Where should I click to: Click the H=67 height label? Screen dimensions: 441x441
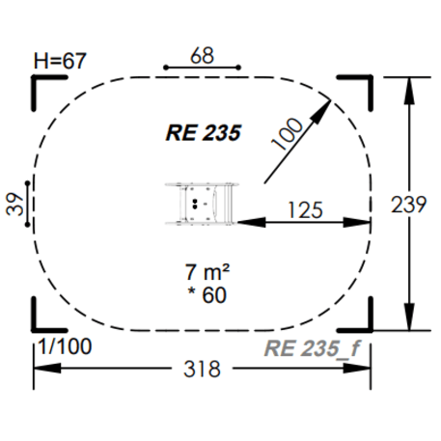(60, 61)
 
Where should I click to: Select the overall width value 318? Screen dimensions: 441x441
(202, 370)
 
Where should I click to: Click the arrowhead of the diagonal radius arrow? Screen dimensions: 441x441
(324, 105)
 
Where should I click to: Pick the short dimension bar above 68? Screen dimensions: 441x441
(202, 68)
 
